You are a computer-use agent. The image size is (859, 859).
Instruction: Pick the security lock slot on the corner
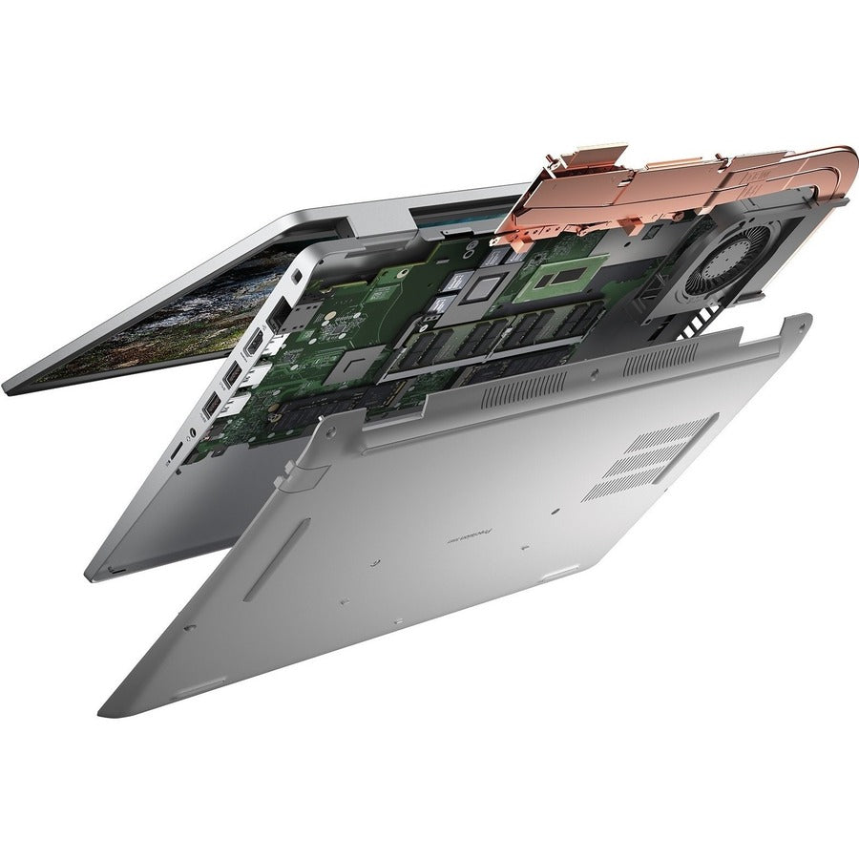pos(300,275)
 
